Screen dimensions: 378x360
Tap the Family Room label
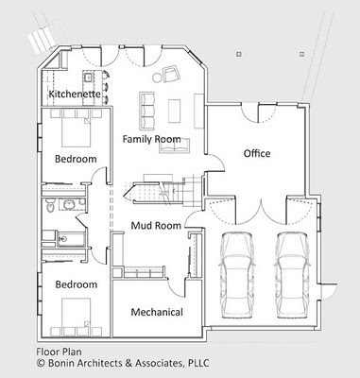[151, 139]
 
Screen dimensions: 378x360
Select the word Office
[257, 153]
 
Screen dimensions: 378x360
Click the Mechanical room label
[156, 312]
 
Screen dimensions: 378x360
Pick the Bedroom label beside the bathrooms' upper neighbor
[76, 159]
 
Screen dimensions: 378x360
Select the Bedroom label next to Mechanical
[76, 283]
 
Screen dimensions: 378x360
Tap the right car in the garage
[290, 267]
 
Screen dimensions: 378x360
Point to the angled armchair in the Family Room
[170, 76]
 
